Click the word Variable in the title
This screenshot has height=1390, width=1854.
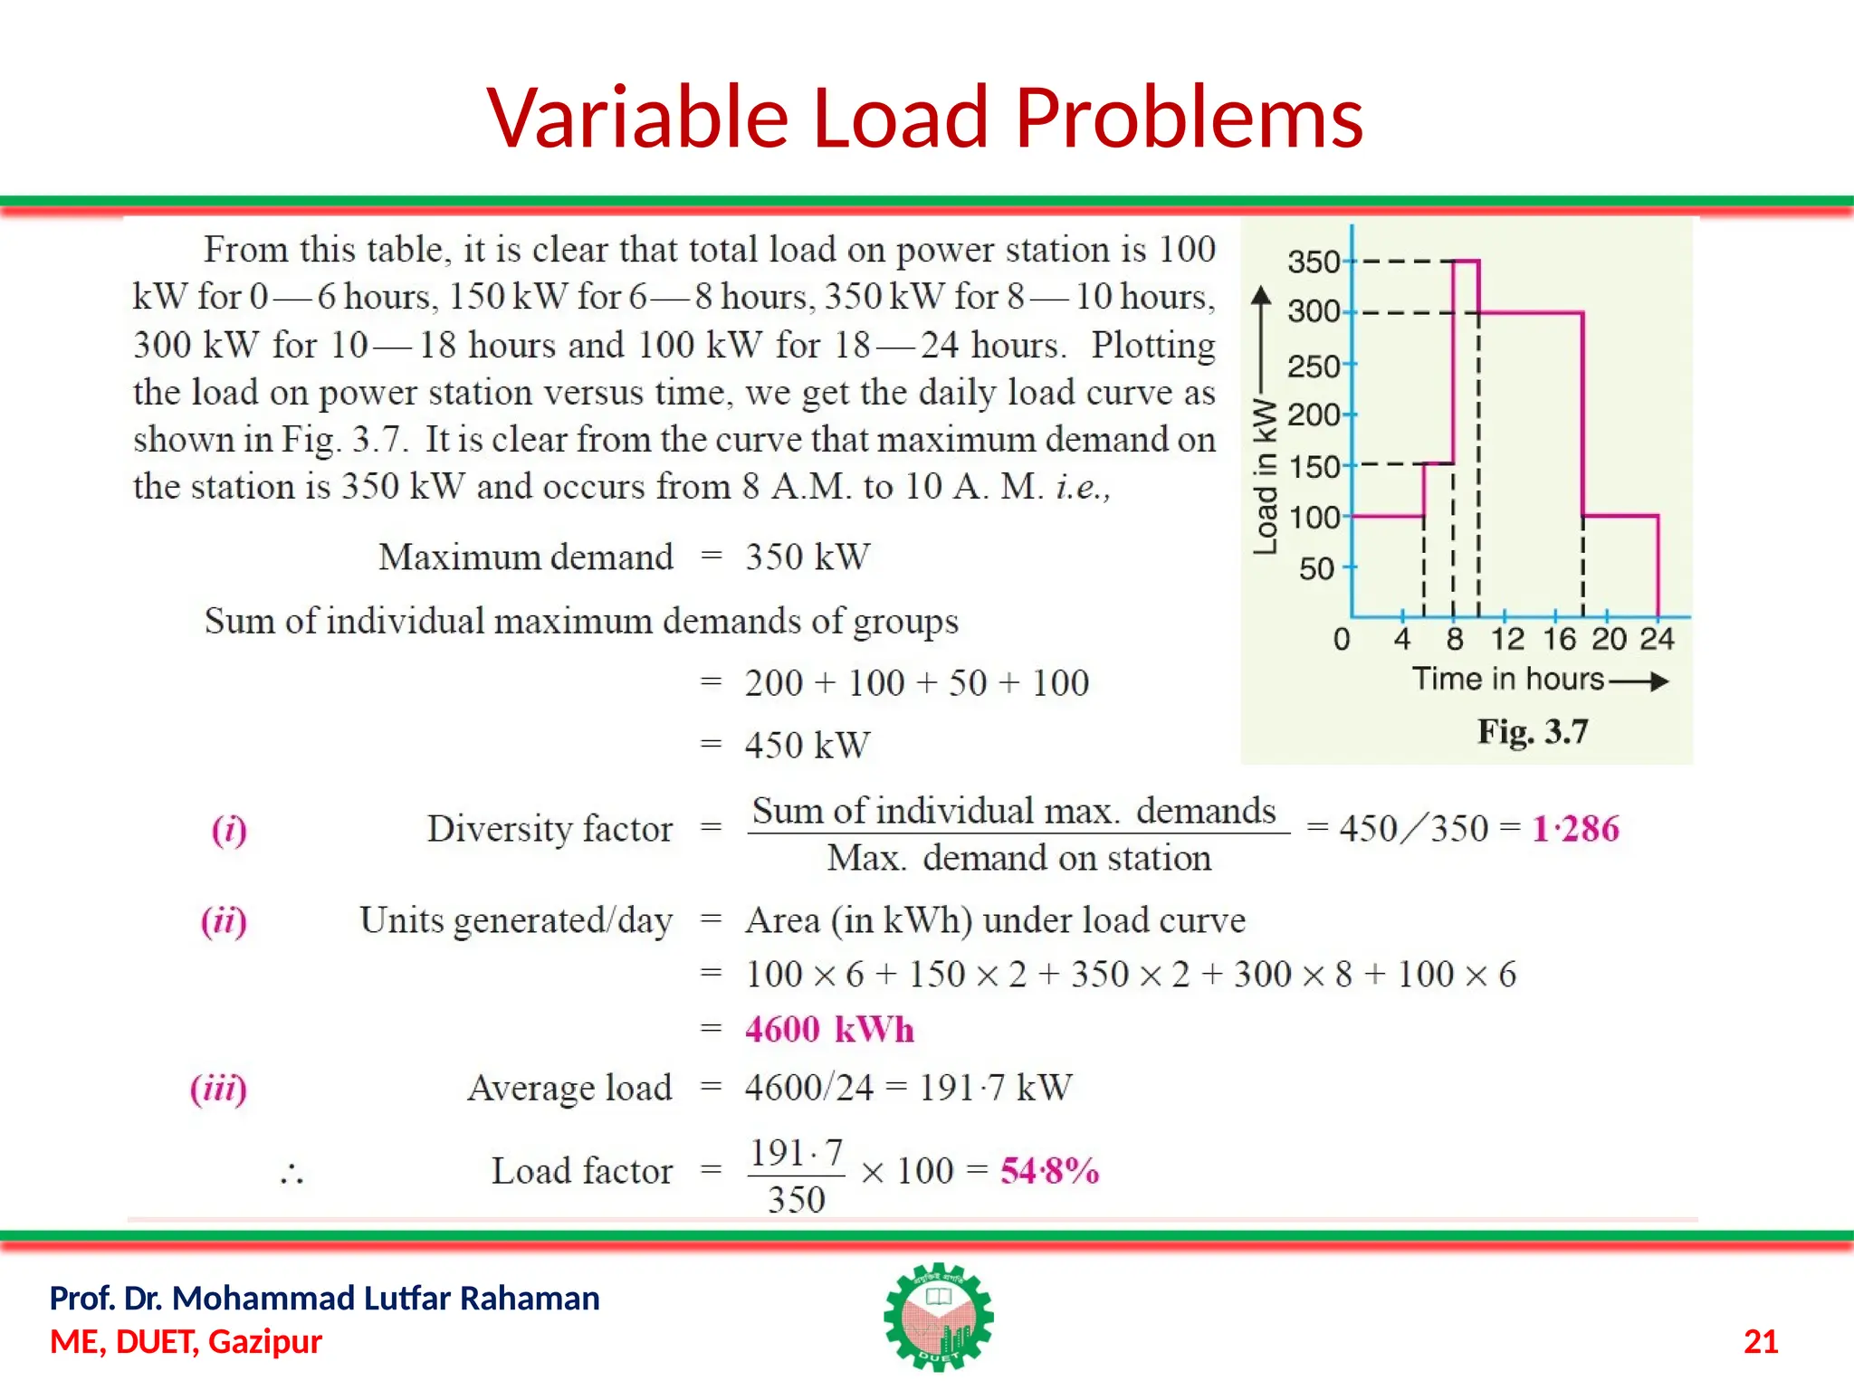point(638,118)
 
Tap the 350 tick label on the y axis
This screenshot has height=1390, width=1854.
point(1313,262)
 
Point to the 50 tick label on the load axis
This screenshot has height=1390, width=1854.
point(1316,569)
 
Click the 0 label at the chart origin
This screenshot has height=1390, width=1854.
point(1342,639)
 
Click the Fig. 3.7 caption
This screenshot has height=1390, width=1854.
point(1532,731)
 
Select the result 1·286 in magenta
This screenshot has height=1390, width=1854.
point(1574,829)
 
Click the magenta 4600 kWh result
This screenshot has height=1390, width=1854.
point(829,1030)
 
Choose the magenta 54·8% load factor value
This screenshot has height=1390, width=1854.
point(1049,1171)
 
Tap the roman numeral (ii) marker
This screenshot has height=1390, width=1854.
point(224,921)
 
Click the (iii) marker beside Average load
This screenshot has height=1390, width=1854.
point(218,1088)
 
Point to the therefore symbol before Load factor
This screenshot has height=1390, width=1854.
point(291,1175)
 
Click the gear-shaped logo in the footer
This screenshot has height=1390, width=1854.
point(939,1317)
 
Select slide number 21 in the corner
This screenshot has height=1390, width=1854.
point(1760,1341)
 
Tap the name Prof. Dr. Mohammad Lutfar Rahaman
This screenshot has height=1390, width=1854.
point(324,1298)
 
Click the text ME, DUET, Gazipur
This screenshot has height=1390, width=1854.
point(186,1341)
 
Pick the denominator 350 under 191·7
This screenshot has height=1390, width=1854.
point(796,1200)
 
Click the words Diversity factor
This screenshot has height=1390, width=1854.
point(550,829)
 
